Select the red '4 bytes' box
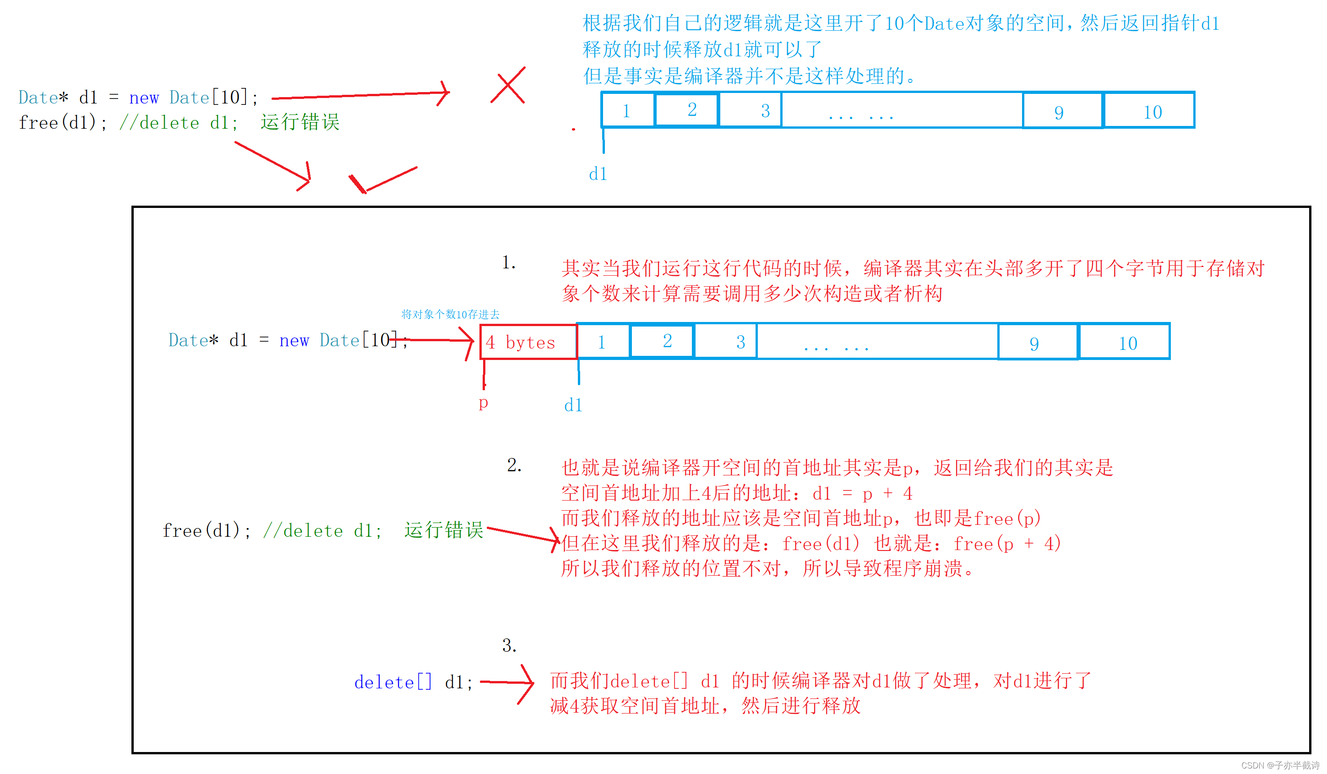tap(528, 342)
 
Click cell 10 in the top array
tap(1149, 110)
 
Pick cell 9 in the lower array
tap(1038, 342)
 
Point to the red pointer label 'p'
tap(483, 403)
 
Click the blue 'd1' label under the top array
tap(598, 174)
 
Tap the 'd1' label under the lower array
tap(573, 405)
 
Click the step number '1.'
tap(509, 262)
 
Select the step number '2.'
tap(514, 465)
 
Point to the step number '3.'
tap(509, 645)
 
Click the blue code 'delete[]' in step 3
tap(393, 682)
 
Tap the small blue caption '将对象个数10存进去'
tap(450, 314)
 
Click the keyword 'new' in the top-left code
tap(144, 98)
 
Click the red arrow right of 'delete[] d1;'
tap(508, 683)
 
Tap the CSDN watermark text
tap(1279, 765)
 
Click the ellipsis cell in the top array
tap(902, 110)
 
